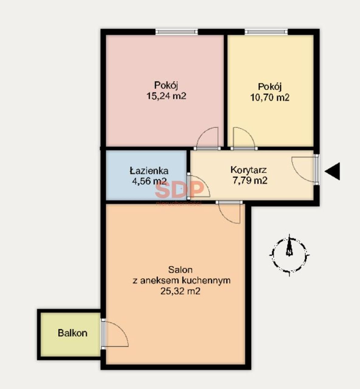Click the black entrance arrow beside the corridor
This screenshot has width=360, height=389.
[333, 171]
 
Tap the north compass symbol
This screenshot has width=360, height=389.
[289, 255]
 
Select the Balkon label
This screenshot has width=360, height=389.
[72, 333]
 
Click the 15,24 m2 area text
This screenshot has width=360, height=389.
[166, 96]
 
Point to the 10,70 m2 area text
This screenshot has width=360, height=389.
[270, 98]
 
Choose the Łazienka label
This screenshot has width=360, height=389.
[149, 170]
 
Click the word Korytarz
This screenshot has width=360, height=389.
[248, 170]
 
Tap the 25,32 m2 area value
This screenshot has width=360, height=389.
[180, 291]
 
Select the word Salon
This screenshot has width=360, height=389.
[180, 270]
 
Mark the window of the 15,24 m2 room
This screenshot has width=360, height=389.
[177, 32]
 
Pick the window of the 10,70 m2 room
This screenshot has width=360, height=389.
[266, 32]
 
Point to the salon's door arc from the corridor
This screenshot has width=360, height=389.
[225, 217]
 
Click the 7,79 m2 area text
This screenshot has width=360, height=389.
[250, 181]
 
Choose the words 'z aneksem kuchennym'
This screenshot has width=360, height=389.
[182, 281]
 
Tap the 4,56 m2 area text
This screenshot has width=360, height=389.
[149, 181]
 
